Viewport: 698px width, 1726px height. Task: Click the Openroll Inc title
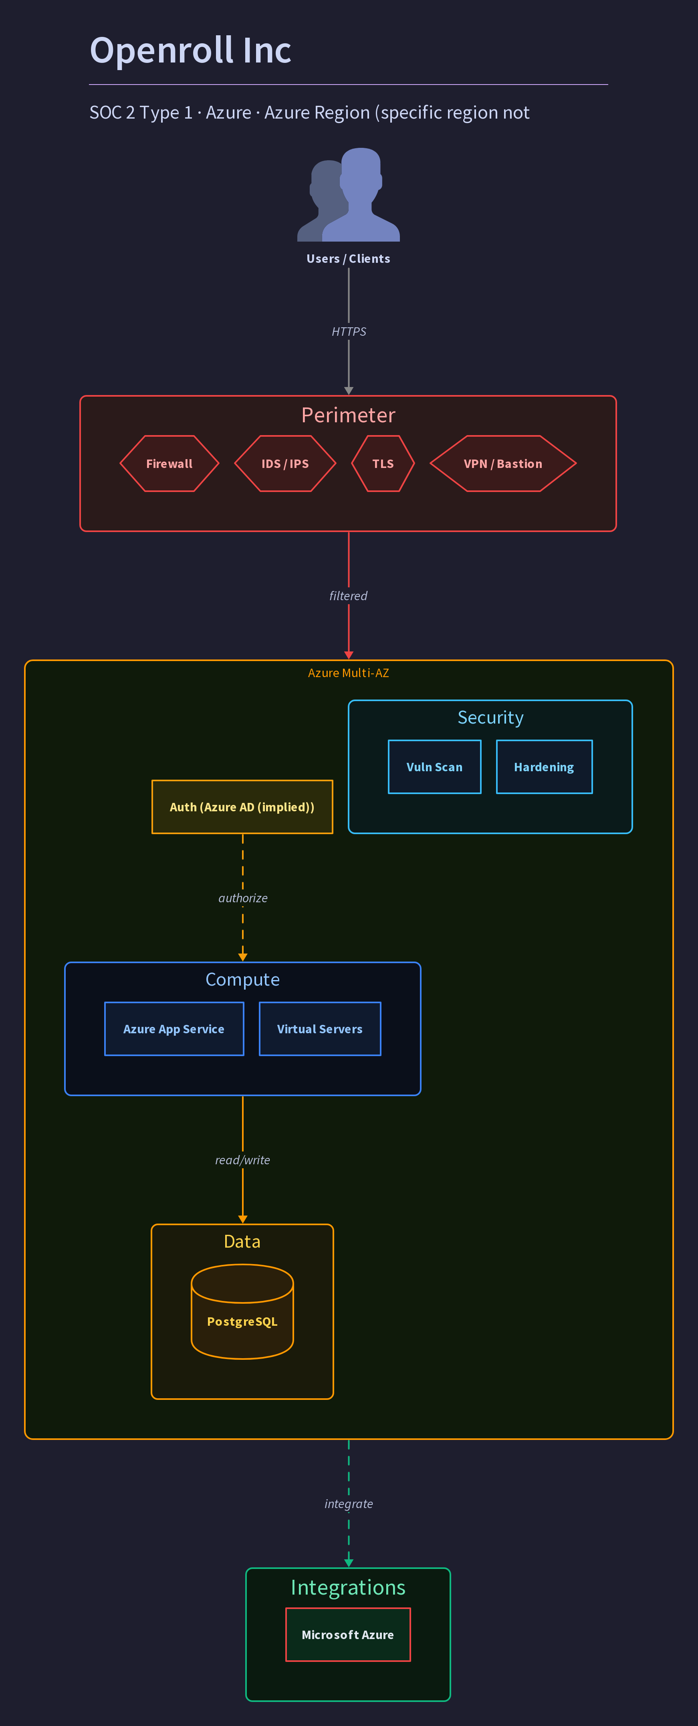pyautogui.click(x=190, y=50)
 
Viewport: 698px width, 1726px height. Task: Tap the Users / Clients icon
pyautogui.click(x=348, y=194)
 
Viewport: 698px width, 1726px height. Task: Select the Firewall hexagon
pyautogui.click(x=169, y=464)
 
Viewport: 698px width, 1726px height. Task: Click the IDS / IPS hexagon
pyautogui.click(x=285, y=464)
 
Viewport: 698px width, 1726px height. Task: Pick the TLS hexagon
pyautogui.click(x=383, y=464)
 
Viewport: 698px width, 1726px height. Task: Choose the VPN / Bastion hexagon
pyautogui.click(x=503, y=464)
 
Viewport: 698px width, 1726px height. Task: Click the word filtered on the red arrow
pyautogui.click(x=348, y=596)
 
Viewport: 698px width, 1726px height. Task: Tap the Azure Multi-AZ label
pyautogui.click(x=348, y=673)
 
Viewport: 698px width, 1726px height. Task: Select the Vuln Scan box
pyautogui.click(x=435, y=767)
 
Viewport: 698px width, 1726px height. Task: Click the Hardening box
pyautogui.click(x=544, y=767)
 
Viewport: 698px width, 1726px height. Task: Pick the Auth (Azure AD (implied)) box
pyautogui.click(x=242, y=807)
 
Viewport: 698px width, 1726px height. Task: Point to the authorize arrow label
pyautogui.click(x=242, y=898)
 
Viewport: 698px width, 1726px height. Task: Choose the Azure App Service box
pyautogui.click(x=174, y=1029)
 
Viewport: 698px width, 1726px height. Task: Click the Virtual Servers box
pyautogui.click(x=320, y=1029)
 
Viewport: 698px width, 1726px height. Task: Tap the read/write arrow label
pyautogui.click(x=242, y=1160)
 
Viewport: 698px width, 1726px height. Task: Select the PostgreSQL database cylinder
pyautogui.click(x=242, y=1311)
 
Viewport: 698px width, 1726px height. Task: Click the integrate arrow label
pyautogui.click(x=348, y=1504)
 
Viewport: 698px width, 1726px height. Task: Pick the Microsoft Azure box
pyautogui.click(x=348, y=1635)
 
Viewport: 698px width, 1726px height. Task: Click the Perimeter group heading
pyautogui.click(x=348, y=415)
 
